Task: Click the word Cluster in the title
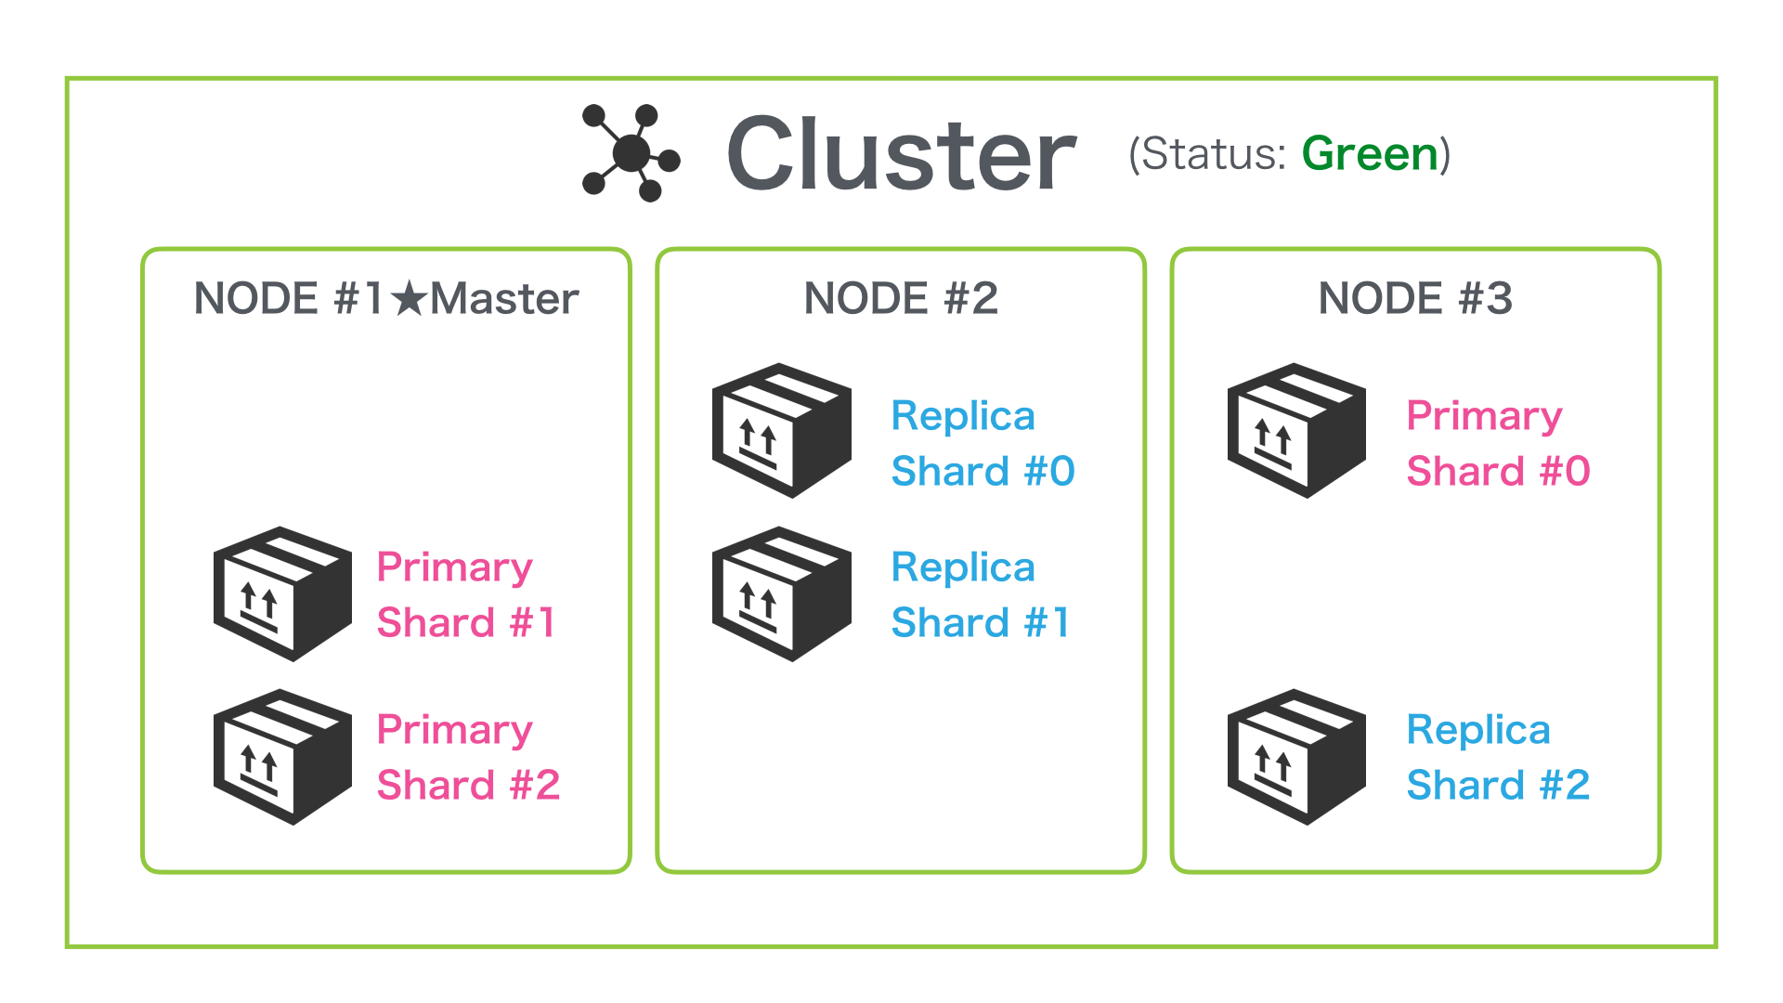point(901,154)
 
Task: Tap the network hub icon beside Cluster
point(631,153)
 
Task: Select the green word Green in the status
point(1370,154)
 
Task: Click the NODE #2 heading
point(901,299)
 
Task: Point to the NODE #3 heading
point(1415,299)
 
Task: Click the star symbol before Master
point(409,299)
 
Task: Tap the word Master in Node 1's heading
point(504,299)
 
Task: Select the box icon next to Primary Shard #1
point(282,594)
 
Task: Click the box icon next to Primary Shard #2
point(282,757)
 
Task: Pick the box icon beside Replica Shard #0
point(781,431)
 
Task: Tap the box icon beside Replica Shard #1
point(781,594)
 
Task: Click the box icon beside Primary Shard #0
point(1296,431)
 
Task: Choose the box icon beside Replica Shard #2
point(1296,757)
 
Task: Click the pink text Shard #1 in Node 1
point(466,622)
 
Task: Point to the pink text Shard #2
point(468,786)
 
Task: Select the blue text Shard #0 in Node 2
point(983,472)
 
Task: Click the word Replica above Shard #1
point(963,567)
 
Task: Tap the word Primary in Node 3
point(1484,416)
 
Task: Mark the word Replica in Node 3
point(1478,730)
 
